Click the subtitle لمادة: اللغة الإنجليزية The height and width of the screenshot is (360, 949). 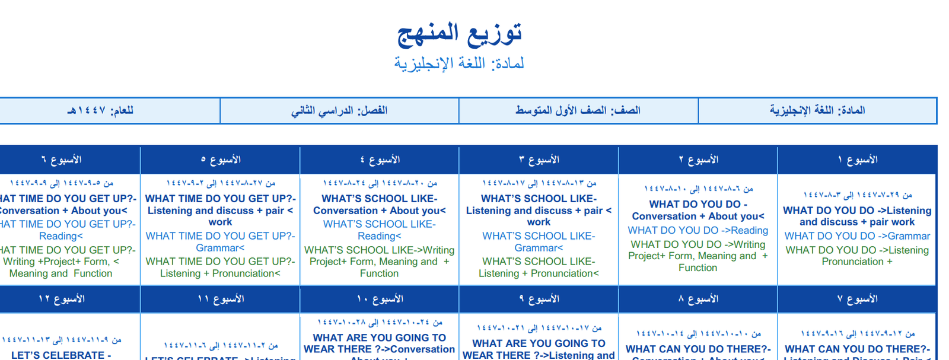point(459,63)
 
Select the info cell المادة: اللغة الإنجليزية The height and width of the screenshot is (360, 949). point(817,110)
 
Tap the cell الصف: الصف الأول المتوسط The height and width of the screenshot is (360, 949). point(578,110)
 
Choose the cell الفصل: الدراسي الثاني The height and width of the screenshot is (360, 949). point(339,110)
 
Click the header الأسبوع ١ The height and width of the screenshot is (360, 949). point(857,160)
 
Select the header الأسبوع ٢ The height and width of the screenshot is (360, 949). point(698,160)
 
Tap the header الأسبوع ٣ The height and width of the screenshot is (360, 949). point(539,160)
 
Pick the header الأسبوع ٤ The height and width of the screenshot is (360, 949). point(380,160)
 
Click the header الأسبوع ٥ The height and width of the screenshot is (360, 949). point(220,160)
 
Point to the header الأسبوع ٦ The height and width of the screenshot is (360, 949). point(61,160)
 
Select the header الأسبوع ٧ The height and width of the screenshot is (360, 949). point(857,299)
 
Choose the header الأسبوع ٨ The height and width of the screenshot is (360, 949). point(698,299)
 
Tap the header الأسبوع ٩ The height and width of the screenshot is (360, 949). point(539,299)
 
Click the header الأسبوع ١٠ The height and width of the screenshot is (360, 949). point(380,299)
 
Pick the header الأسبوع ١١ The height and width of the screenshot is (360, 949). point(220,299)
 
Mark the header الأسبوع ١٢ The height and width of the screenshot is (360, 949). point(61,299)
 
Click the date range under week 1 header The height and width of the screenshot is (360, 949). point(857,195)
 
